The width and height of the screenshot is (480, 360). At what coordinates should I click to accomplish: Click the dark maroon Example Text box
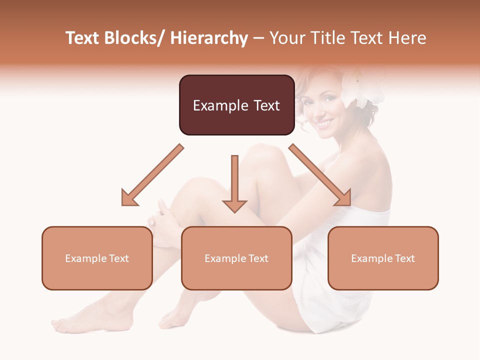(x=236, y=105)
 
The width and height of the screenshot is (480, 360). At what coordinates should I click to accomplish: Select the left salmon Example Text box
(x=97, y=258)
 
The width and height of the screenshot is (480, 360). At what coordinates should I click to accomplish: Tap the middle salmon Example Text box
(x=236, y=258)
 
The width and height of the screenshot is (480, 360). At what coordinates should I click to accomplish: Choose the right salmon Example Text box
(x=383, y=258)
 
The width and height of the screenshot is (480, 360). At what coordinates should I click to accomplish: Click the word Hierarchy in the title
(x=209, y=38)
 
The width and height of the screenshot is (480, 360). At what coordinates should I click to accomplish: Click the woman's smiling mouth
(x=324, y=122)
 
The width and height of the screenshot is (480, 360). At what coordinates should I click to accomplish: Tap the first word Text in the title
(x=84, y=38)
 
